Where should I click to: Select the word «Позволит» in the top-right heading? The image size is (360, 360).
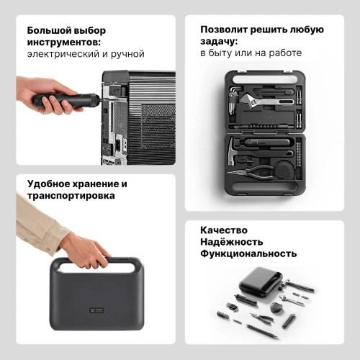click(224, 30)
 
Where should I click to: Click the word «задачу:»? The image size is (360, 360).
click(219, 41)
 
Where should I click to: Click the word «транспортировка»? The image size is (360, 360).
click(71, 196)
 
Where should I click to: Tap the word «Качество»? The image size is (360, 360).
click(224, 230)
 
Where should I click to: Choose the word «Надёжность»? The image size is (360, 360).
click(232, 242)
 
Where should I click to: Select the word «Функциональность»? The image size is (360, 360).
click(248, 253)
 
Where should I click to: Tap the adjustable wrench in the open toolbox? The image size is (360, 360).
click(266, 100)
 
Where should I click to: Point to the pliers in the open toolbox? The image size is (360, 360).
click(252, 172)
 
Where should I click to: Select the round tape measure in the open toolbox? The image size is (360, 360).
click(285, 171)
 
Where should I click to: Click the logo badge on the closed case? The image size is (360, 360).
click(96, 310)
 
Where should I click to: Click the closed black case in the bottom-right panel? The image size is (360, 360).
click(261, 281)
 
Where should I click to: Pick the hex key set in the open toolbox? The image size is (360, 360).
click(233, 99)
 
